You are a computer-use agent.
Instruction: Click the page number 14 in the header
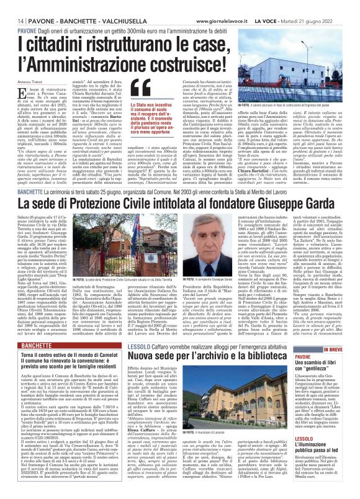pyautogui.click(x=13, y=6)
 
